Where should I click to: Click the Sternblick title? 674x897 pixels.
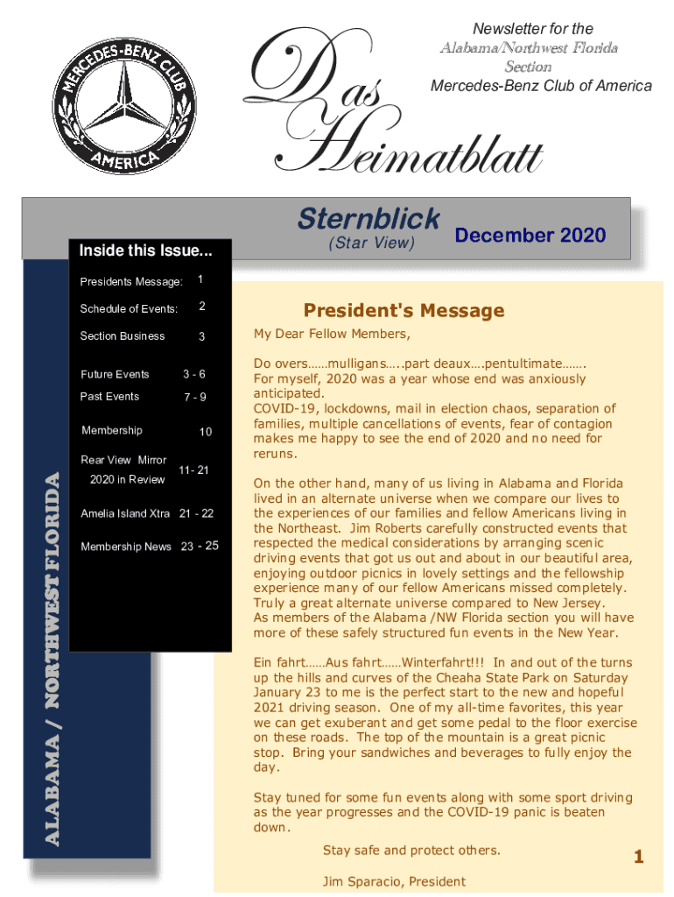click(x=369, y=218)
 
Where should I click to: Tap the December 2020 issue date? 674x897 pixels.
click(x=530, y=235)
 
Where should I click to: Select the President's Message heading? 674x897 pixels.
click(x=404, y=311)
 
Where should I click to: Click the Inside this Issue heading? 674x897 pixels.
click(x=145, y=251)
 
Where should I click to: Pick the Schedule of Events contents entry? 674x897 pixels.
click(x=129, y=308)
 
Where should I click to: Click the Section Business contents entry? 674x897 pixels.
click(x=123, y=336)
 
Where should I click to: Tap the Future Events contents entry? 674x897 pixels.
click(x=115, y=374)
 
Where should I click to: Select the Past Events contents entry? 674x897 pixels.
click(x=109, y=397)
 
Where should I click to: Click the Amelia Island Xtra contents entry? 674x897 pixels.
click(x=126, y=513)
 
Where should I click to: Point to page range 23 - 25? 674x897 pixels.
click(x=200, y=547)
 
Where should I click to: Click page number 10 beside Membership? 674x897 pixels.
click(x=205, y=432)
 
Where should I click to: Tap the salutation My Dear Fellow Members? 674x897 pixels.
click(x=332, y=334)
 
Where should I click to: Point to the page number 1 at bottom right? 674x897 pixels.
click(x=638, y=857)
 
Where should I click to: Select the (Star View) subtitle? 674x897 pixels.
click(x=370, y=243)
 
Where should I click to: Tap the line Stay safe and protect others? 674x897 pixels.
click(x=411, y=851)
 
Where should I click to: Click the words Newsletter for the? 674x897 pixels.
click(x=532, y=29)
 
